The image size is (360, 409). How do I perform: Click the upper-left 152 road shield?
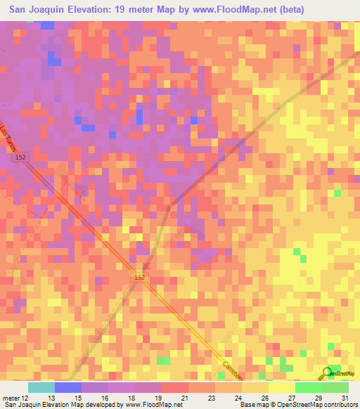coord(20,160)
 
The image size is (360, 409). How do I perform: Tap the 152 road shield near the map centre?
coord(140,278)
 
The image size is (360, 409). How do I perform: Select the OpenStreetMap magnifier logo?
coord(328,373)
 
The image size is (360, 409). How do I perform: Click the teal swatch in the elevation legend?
coord(41,387)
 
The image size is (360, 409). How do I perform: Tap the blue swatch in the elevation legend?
coord(68,387)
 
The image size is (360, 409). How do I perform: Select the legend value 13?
coord(41,397)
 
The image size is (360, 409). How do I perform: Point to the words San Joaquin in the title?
coord(37,11)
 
